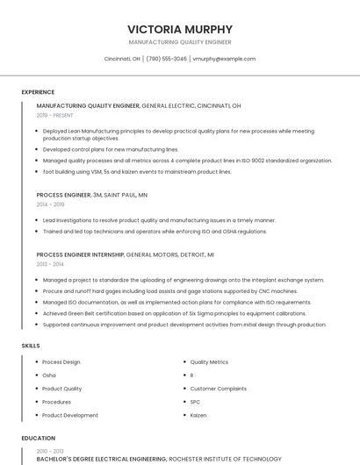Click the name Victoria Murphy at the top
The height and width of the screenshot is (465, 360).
point(180,29)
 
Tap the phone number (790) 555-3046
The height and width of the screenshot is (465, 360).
point(167,59)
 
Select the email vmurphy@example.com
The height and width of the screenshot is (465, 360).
point(224,59)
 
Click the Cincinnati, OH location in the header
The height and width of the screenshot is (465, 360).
point(122,59)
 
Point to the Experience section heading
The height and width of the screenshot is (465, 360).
point(38,92)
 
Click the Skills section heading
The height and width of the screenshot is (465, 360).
point(31,346)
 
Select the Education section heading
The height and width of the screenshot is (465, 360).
point(38,437)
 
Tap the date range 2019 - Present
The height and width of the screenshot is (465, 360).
point(55,115)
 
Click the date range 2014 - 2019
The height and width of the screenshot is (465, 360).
point(51,204)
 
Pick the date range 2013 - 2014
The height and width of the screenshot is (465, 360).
point(50,263)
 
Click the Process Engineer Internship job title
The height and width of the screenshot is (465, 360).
point(81,254)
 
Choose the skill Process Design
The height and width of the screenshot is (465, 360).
point(61,361)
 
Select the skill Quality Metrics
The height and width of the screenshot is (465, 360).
point(209,361)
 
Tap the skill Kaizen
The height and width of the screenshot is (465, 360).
point(198,415)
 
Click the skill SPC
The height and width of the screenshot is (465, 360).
point(196,402)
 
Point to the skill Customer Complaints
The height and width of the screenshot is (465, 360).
point(219,389)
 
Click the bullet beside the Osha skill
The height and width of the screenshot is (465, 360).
point(36,376)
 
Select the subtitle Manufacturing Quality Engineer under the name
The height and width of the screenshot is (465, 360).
point(180,42)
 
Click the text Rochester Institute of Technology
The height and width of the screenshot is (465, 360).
point(225,459)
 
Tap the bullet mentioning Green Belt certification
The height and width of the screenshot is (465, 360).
point(174,313)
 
